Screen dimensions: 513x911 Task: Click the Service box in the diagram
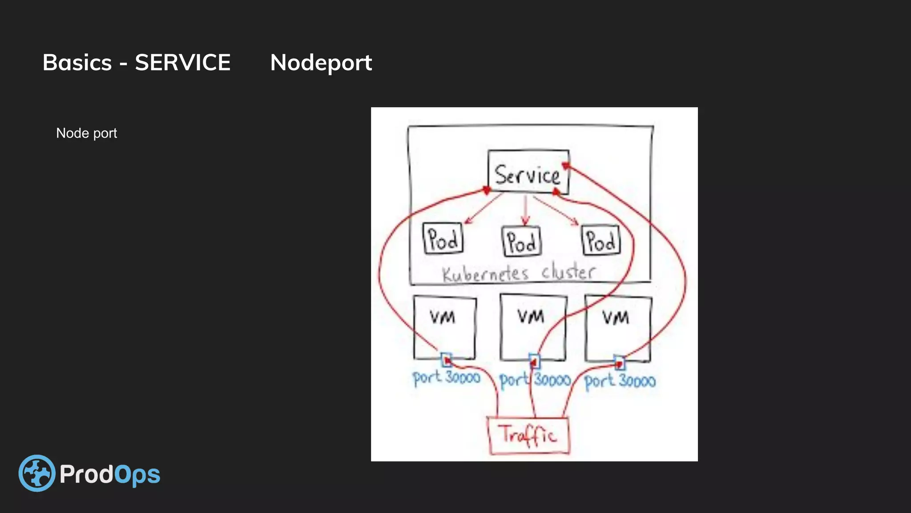(528, 173)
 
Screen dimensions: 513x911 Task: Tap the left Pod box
(443, 239)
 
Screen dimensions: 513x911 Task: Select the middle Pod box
(521, 241)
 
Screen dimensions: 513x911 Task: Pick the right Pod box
(601, 240)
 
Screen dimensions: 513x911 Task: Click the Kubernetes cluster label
(519, 273)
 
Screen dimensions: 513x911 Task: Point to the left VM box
(444, 327)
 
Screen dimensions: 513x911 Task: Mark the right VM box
(618, 328)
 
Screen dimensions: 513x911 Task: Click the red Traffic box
(528, 435)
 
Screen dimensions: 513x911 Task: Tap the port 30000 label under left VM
(446, 378)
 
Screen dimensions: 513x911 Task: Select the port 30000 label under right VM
(620, 381)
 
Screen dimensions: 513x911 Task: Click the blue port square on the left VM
(446, 359)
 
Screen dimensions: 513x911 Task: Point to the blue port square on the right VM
(619, 363)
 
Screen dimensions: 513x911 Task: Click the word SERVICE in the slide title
(182, 62)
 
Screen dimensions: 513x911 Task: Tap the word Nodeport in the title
(321, 63)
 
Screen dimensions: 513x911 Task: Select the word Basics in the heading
(77, 62)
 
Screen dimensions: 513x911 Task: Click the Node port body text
(86, 133)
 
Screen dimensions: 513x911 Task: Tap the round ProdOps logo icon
(37, 473)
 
